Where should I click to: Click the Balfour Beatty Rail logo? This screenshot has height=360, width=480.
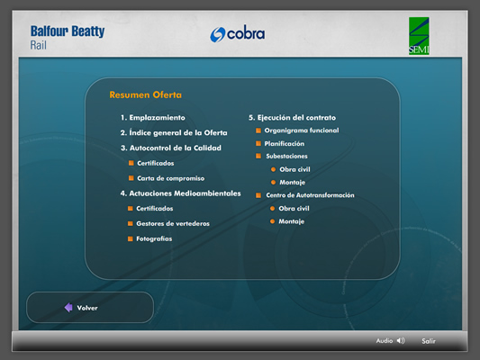[x=68, y=38]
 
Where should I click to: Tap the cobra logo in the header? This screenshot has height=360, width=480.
[x=237, y=33]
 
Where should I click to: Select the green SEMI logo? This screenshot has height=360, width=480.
[x=419, y=36]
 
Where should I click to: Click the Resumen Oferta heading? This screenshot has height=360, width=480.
[x=145, y=94]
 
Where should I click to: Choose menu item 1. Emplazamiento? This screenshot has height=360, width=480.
[x=153, y=118]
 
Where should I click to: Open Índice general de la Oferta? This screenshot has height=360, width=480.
[x=174, y=132]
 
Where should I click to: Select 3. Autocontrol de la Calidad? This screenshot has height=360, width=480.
[x=171, y=148]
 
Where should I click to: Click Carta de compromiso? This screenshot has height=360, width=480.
[x=170, y=178]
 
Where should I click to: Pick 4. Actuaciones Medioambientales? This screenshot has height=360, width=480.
[x=181, y=193]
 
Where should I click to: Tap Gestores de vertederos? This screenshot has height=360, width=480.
[x=173, y=223]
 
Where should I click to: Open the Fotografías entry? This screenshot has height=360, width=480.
[x=154, y=238]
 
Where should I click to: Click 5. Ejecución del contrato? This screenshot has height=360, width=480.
[x=293, y=118]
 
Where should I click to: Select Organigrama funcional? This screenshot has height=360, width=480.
[x=302, y=130]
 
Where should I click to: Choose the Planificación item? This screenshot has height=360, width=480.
[x=285, y=144]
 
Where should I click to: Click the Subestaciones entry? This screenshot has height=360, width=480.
[x=286, y=157]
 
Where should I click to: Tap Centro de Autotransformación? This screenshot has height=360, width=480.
[x=310, y=195]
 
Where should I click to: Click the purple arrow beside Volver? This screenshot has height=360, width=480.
[x=68, y=308]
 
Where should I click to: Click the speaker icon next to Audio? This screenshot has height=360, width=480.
[x=401, y=341]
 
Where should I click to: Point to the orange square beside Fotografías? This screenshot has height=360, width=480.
[x=130, y=238]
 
